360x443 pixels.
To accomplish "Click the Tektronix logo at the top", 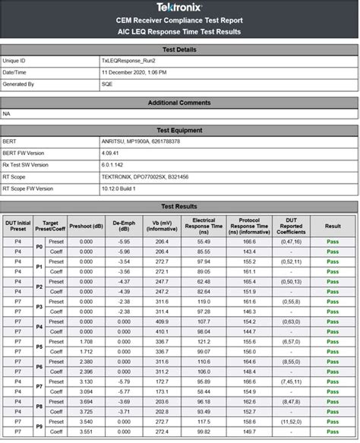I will [179, 7].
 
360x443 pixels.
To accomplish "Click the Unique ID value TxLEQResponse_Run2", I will [127, 59].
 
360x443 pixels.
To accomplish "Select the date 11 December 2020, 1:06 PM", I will [135, 71].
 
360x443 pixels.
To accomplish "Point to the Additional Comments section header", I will [179, 101].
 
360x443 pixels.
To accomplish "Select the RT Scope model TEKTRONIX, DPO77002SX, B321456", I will [144, 176].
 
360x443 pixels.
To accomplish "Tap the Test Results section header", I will [179, 206].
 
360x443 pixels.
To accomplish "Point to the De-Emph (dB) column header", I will [123, 225].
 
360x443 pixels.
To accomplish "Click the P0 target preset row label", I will [39, 246].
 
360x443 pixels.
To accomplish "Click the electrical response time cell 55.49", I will [203, 241].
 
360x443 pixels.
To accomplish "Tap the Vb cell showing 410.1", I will [162, 331].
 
